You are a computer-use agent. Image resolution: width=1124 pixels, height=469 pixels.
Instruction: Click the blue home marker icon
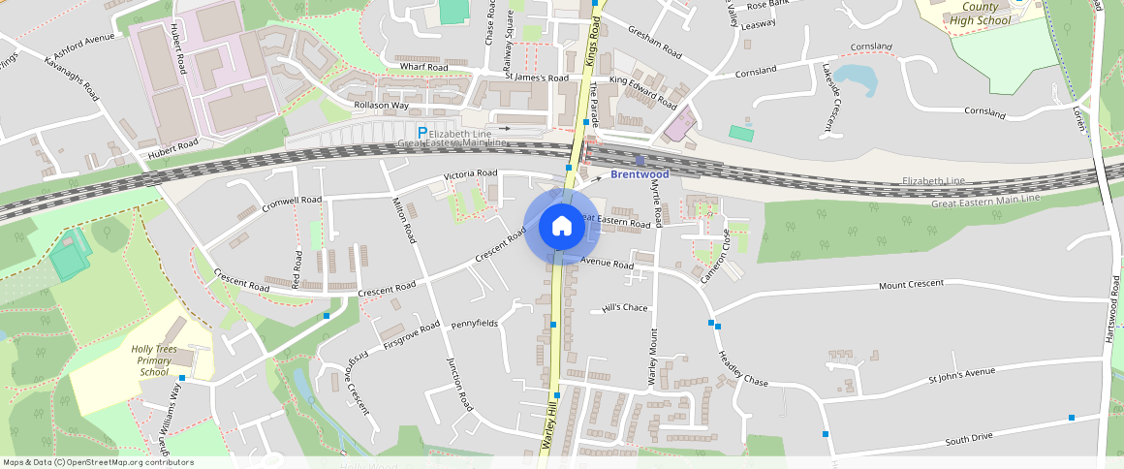tap(561, 227)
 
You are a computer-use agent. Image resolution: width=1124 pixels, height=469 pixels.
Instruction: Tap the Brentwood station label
tap(640, 174)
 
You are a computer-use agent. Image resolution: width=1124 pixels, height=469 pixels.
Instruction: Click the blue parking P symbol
tap(421, 133)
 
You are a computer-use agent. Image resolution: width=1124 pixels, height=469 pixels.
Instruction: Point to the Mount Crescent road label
tap(910, 285)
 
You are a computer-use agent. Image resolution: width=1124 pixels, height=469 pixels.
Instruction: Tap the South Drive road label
tap(969, 439)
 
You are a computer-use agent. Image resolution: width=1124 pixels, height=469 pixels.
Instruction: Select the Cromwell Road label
tap(292, 204)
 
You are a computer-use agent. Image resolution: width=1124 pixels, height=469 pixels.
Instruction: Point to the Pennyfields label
tap(474, 322)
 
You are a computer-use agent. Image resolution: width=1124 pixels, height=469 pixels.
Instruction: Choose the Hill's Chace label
tap(625, 308)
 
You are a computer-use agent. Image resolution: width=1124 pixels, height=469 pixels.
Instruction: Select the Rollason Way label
tap(381, 105)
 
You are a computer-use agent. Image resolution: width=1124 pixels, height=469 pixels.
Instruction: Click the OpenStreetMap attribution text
tap(97, 462)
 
